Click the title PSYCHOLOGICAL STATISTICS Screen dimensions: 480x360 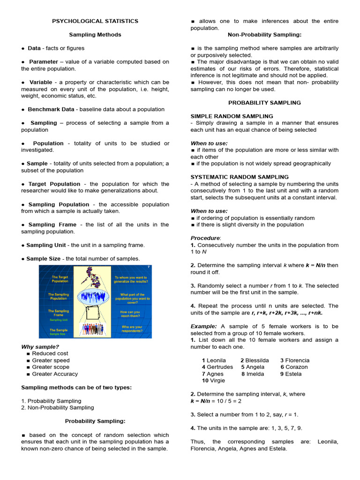pyautogui.click(x=95, y=21)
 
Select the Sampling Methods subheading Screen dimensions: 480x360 pyautogui.click(x=95, y=35)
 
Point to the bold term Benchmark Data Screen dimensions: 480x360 pyautogui.click(x=51, y=109)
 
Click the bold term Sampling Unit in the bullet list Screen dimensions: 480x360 pyautogui.click(x=46, y=245)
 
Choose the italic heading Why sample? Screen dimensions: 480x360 pyautogui.click(x=40, y=347)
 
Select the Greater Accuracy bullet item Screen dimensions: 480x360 pyautogui.click(x=55, y=374)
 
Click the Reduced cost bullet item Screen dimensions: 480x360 pyautogui.click(x=50, y=353)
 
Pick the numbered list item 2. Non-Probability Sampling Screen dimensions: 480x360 pyautogui.click(x=58, y=408)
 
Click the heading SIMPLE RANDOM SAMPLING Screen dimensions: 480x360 pyautogui.click(x=232, y=116)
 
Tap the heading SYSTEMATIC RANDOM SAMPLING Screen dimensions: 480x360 pyautogui.click(x=240, y=177)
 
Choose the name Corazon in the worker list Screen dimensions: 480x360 pyautogui.click(x=296, y=367)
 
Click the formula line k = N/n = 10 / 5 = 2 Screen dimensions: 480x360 pyautogui.click(x=216, y=401)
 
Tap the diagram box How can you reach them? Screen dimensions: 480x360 pyautogui.click(x=131, y=314)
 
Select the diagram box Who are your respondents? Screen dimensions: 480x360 pyautogui.click(x=131, y=329)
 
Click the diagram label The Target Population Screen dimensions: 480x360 pyautogui.click(x=60, y=279)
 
